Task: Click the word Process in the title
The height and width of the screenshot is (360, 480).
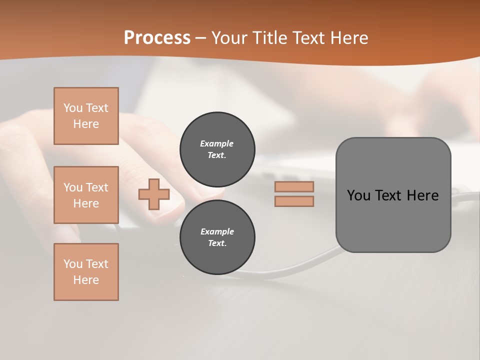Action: pyautogui.click(x=157, y=38)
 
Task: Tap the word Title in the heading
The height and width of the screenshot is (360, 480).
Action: pyautogui.click(x=268, y=38)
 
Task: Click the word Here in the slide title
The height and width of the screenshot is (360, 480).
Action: pyautogui.click(x=348, y=38)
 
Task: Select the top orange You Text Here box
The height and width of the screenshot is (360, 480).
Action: pyautogui.click(x=86, y=116)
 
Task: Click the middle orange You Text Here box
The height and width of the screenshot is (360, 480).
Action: pyautogui.click(x=86, y=195)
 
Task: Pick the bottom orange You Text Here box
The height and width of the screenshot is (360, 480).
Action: pyautogui.click(x=86, y=272)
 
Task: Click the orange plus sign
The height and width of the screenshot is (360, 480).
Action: pyautogui.click(x=154, y=194)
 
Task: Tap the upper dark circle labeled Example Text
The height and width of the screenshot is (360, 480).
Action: pyautogui.click(x=217, y=149)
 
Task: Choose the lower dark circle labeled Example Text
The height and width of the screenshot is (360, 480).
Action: pyautogui.click(x=217, y=237)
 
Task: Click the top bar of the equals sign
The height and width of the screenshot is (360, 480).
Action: pyautogui.click(x=294, y=186)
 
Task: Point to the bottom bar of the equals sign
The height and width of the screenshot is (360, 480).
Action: pyautogui.click(x=294, y=201)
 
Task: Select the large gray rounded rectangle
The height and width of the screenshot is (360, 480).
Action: pyautogui.click(x=393, y=195)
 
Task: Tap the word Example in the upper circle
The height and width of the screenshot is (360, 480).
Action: pyautogui.click(x=217, y=143)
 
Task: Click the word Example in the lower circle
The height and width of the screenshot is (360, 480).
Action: pyautogui.click(x=217, y=231)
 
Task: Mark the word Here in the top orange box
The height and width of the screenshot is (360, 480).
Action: pyautogui.click(x=86, y=124)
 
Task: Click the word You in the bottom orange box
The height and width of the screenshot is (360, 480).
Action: pyautogui.click(x=73, y=264)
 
